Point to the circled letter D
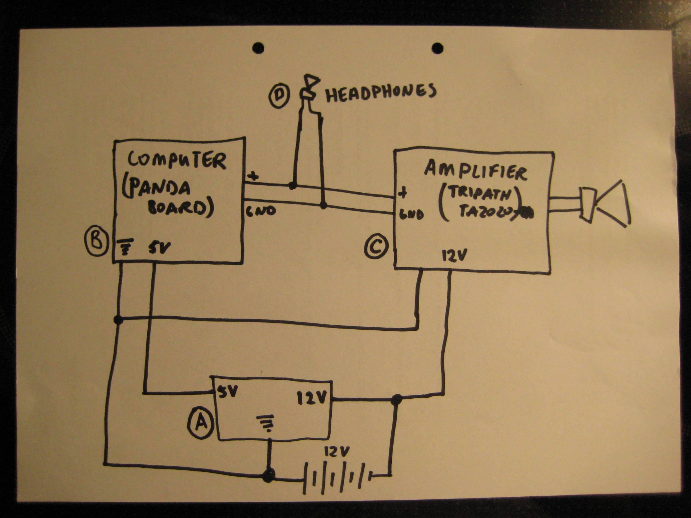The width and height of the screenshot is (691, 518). [279, 95]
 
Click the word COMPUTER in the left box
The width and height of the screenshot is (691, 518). [177, 160]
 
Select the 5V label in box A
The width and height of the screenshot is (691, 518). [228, 391]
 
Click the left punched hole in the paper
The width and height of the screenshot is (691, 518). [258, 48]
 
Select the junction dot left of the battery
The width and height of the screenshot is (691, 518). [268, 475]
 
